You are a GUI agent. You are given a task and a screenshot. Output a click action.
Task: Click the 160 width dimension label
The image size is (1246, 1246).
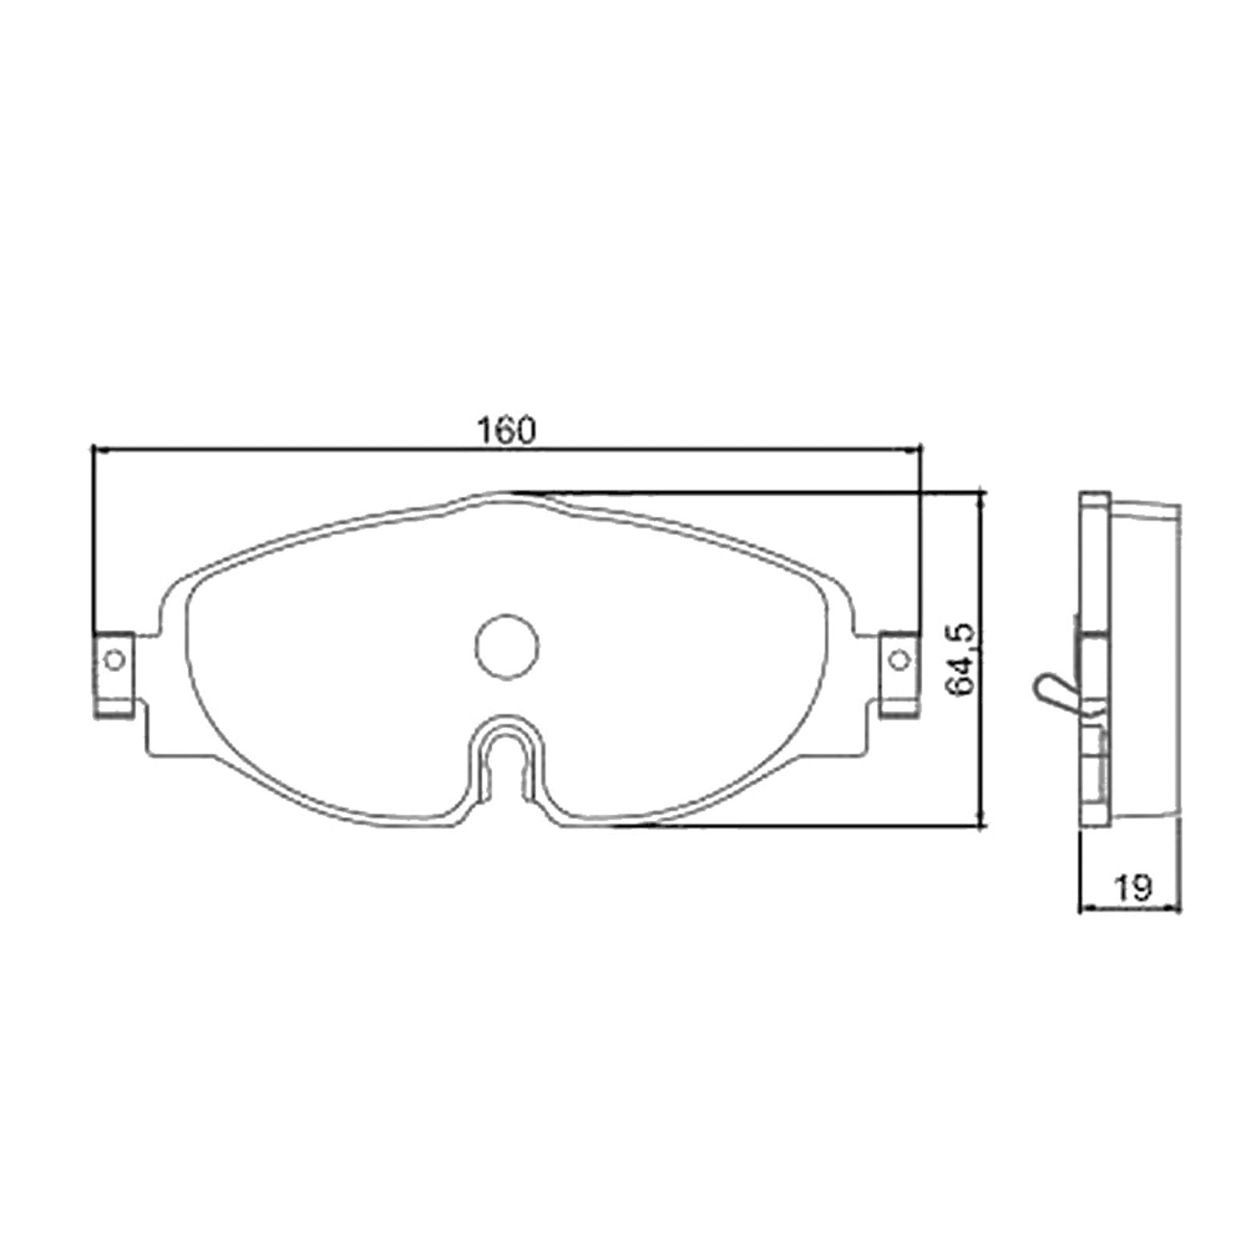pos(506,430)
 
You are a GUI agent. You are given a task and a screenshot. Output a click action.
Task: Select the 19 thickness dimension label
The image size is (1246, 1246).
pos(1133,887)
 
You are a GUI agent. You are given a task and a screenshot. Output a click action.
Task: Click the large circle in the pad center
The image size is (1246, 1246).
pos(507,646)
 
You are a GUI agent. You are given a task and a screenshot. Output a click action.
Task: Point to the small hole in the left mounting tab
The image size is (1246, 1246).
pos(114,660)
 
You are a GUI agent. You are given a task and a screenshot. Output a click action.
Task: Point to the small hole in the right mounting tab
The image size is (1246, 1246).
pos(899,660)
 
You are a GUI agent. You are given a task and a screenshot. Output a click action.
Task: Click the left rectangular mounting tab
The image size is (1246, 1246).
pos(114,674)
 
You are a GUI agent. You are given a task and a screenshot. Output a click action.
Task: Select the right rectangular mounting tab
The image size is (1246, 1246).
pos(899,674)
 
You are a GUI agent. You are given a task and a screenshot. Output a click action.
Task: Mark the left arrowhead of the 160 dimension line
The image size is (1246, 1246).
pos(97,449)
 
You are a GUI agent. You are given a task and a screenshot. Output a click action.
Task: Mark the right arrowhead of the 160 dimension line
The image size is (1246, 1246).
pos(917,449)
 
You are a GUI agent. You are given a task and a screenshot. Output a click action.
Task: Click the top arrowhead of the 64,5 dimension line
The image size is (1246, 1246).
pos(981,497)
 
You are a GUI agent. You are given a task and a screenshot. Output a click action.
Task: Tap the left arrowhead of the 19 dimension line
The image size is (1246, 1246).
pos(1083,907)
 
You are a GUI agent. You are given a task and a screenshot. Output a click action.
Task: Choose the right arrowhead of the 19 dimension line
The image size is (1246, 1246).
pos(1177,907)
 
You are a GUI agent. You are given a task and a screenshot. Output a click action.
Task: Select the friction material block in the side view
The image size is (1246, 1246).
pos(1145,662)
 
